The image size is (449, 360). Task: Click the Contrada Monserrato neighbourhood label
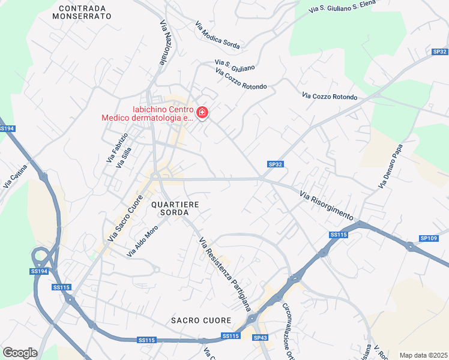[82, 13]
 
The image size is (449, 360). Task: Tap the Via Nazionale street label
[163, 43]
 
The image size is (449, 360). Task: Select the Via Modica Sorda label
[217, 35]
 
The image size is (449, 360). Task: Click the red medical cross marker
[202, 112]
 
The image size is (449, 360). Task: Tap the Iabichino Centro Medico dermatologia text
[146, 113]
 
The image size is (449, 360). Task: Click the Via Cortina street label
[16, 176]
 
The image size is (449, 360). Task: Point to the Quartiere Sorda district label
[175, 208]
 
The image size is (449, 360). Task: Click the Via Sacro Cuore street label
[125, 218]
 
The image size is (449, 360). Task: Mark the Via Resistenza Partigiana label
[225, 274]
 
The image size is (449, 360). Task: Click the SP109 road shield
[429, 238]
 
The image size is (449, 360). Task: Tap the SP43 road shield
[261, 338]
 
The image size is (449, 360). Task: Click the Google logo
[20, 353]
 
